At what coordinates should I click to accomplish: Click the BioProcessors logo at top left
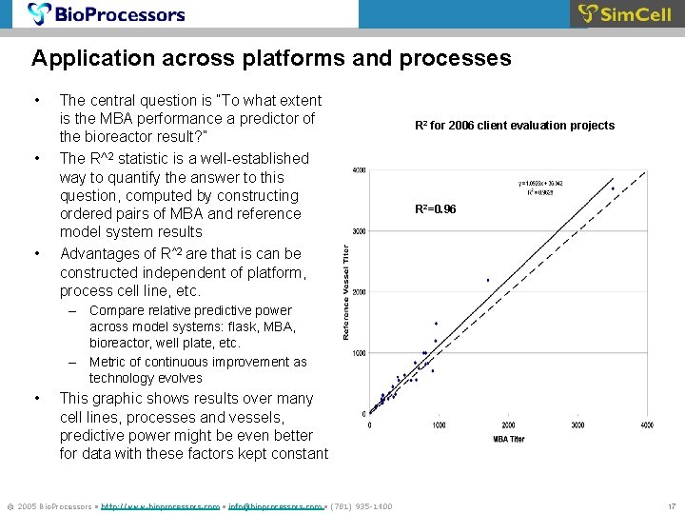click(x=106, y=14)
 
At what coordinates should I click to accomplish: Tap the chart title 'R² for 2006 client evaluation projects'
click(x=515, y=126)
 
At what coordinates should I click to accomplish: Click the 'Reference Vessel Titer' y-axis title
click(x=347, y=290)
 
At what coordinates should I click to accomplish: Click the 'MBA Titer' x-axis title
click(x=509, y=439)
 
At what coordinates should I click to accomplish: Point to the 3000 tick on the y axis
click(x=359, y=231)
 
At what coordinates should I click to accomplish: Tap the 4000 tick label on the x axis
click(x=647, y=425)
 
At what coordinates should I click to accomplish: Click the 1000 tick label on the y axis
click(x=359, y=353)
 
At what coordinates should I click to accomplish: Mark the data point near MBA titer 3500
click(x=613, y=188)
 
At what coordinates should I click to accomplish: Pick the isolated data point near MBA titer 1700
click(x=488, y=280)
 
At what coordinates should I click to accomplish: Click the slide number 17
click(x=671, y=505)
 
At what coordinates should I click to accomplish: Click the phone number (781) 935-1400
click(x=358, y=505)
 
